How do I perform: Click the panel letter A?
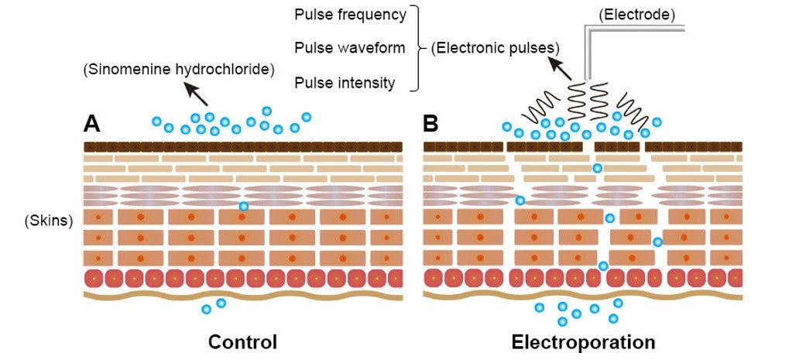pyautogui.click(x=92, y=124)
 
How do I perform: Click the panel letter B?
pyautogui.click(x=431, y=124)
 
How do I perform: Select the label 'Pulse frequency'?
pyautogui.click(x=350, y=15)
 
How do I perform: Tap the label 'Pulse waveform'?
pyautogui.click(x=350, y=48)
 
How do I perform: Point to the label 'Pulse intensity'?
pyautogui.click(x=345, y=82)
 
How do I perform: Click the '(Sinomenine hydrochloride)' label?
pyautogui.click(x=179, y=70)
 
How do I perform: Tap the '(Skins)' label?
pyautogui.click(x=49, y=221)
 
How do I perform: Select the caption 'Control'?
pyautogui.click(x=242, y=341)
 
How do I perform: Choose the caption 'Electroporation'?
pyautogui.click(x=583, y=341)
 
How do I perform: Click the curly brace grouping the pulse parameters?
pyautogui.click(x=418, y=48)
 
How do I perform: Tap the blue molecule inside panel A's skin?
pyautogui.click(x=244, y=206)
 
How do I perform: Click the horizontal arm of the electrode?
pyautogui.click(x=635, y=29)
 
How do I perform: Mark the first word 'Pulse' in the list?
pyautogui.click(x=313, y=15)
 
